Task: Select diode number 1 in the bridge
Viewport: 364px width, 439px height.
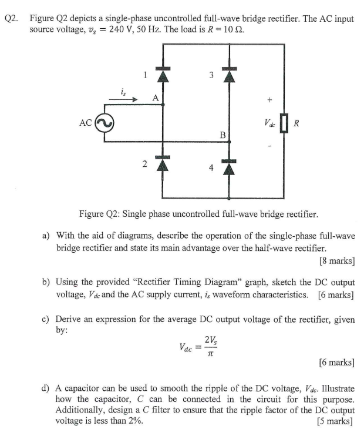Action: click(x=163, y=75)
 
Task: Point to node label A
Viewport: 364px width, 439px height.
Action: click(x=156, y=98)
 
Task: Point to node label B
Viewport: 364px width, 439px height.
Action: click(x=222, y=135)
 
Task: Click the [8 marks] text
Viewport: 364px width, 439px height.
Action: click(x=335, y=259)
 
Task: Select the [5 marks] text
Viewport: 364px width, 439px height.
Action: click(x=335, y=421)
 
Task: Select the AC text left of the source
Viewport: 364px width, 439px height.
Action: click(x=86, y=123)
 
